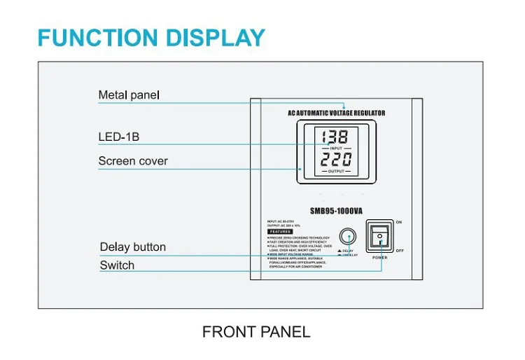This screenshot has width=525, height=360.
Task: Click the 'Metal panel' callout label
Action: click(x=129, y=95)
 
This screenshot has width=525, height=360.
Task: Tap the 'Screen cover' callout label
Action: click(x=133, y=161)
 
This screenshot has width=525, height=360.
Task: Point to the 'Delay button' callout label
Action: click(x=133, y=247)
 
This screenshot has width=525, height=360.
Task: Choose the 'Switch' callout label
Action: click(x=117, y=265)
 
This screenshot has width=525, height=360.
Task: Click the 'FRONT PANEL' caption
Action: click(x=256, y=332)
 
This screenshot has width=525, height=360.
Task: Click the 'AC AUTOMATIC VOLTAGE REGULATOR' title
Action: click(x=336, y=113)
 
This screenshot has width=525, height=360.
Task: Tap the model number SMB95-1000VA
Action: click(x=336, y=209)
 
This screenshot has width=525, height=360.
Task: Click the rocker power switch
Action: click(x=379, y=237)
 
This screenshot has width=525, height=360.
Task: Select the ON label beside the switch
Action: click(x=399, y=223)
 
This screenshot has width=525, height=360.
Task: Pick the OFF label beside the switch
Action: click(x=400, y=250)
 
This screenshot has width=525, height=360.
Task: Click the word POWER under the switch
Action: click(x=379, y=258)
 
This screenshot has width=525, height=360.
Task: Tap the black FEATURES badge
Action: click(x=280, y=231)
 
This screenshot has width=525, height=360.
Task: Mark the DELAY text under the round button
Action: click(x=348, y=250)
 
